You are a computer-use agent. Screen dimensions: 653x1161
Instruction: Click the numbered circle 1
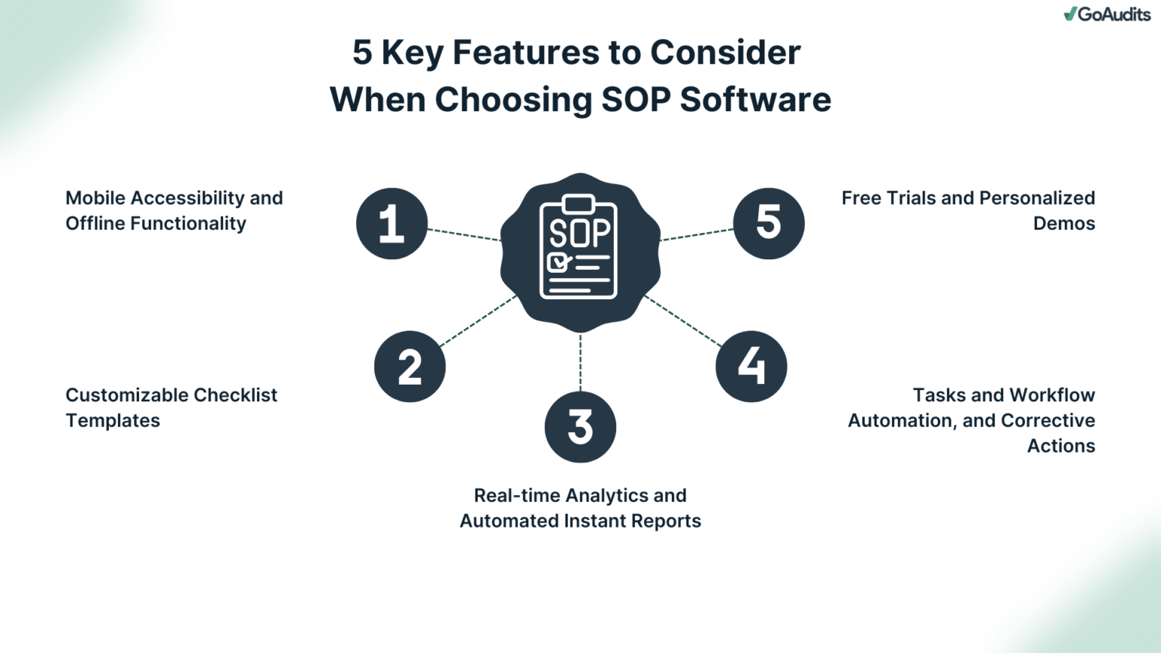392,224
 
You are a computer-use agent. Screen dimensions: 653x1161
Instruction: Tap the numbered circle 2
410,367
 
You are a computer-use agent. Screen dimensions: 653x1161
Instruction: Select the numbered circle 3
580,427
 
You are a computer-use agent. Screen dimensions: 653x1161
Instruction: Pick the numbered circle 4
751,367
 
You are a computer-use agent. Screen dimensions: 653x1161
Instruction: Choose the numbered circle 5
769,224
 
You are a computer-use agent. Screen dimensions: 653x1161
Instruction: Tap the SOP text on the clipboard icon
579,234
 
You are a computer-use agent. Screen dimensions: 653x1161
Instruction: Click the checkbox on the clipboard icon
558,262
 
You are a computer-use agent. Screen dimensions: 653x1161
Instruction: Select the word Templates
113,420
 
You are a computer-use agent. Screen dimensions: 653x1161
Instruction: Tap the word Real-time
517,496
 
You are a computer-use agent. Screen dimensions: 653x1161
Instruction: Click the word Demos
1063,224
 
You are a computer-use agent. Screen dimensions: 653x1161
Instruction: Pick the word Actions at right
1060,446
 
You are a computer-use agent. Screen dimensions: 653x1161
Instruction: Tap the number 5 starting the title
362,53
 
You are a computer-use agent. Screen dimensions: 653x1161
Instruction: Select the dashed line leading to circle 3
580,363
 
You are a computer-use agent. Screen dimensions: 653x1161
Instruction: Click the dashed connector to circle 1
464,235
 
